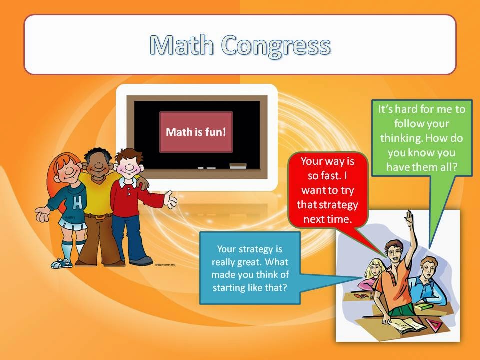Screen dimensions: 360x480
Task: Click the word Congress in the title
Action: click(x=276, y=46)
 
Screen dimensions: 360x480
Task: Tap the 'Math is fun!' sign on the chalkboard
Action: click(x=196, y=132)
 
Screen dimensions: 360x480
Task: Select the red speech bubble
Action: click(x=328, y=190)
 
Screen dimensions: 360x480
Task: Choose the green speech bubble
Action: click(x=422, y=138)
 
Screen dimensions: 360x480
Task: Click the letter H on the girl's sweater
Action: click(x=77, y=202)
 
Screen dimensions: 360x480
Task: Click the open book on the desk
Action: click(x=403, y=325)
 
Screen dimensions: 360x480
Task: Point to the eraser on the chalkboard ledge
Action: click(x=238, y=165)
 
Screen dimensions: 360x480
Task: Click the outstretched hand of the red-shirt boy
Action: click(x=171, y=199)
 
